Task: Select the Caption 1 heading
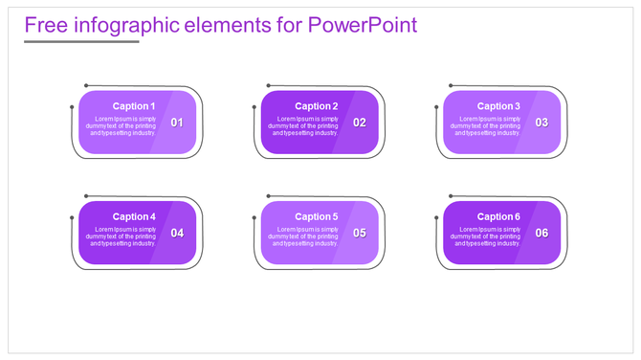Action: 133,106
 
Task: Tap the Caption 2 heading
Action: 316,106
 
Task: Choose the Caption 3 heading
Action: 498,106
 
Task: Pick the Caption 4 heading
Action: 133,217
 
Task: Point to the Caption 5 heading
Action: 316,217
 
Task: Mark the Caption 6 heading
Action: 498,217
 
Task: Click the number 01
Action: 177,123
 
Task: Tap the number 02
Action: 360,123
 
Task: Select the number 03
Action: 542,123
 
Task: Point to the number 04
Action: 177,234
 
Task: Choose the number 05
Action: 360,234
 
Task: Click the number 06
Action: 542,234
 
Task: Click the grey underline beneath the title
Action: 81,41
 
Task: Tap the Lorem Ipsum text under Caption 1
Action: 122,125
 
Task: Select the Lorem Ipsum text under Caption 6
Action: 487,236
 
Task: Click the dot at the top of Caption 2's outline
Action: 269,86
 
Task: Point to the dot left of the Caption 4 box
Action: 72,218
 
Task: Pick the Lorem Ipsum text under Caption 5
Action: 304,236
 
